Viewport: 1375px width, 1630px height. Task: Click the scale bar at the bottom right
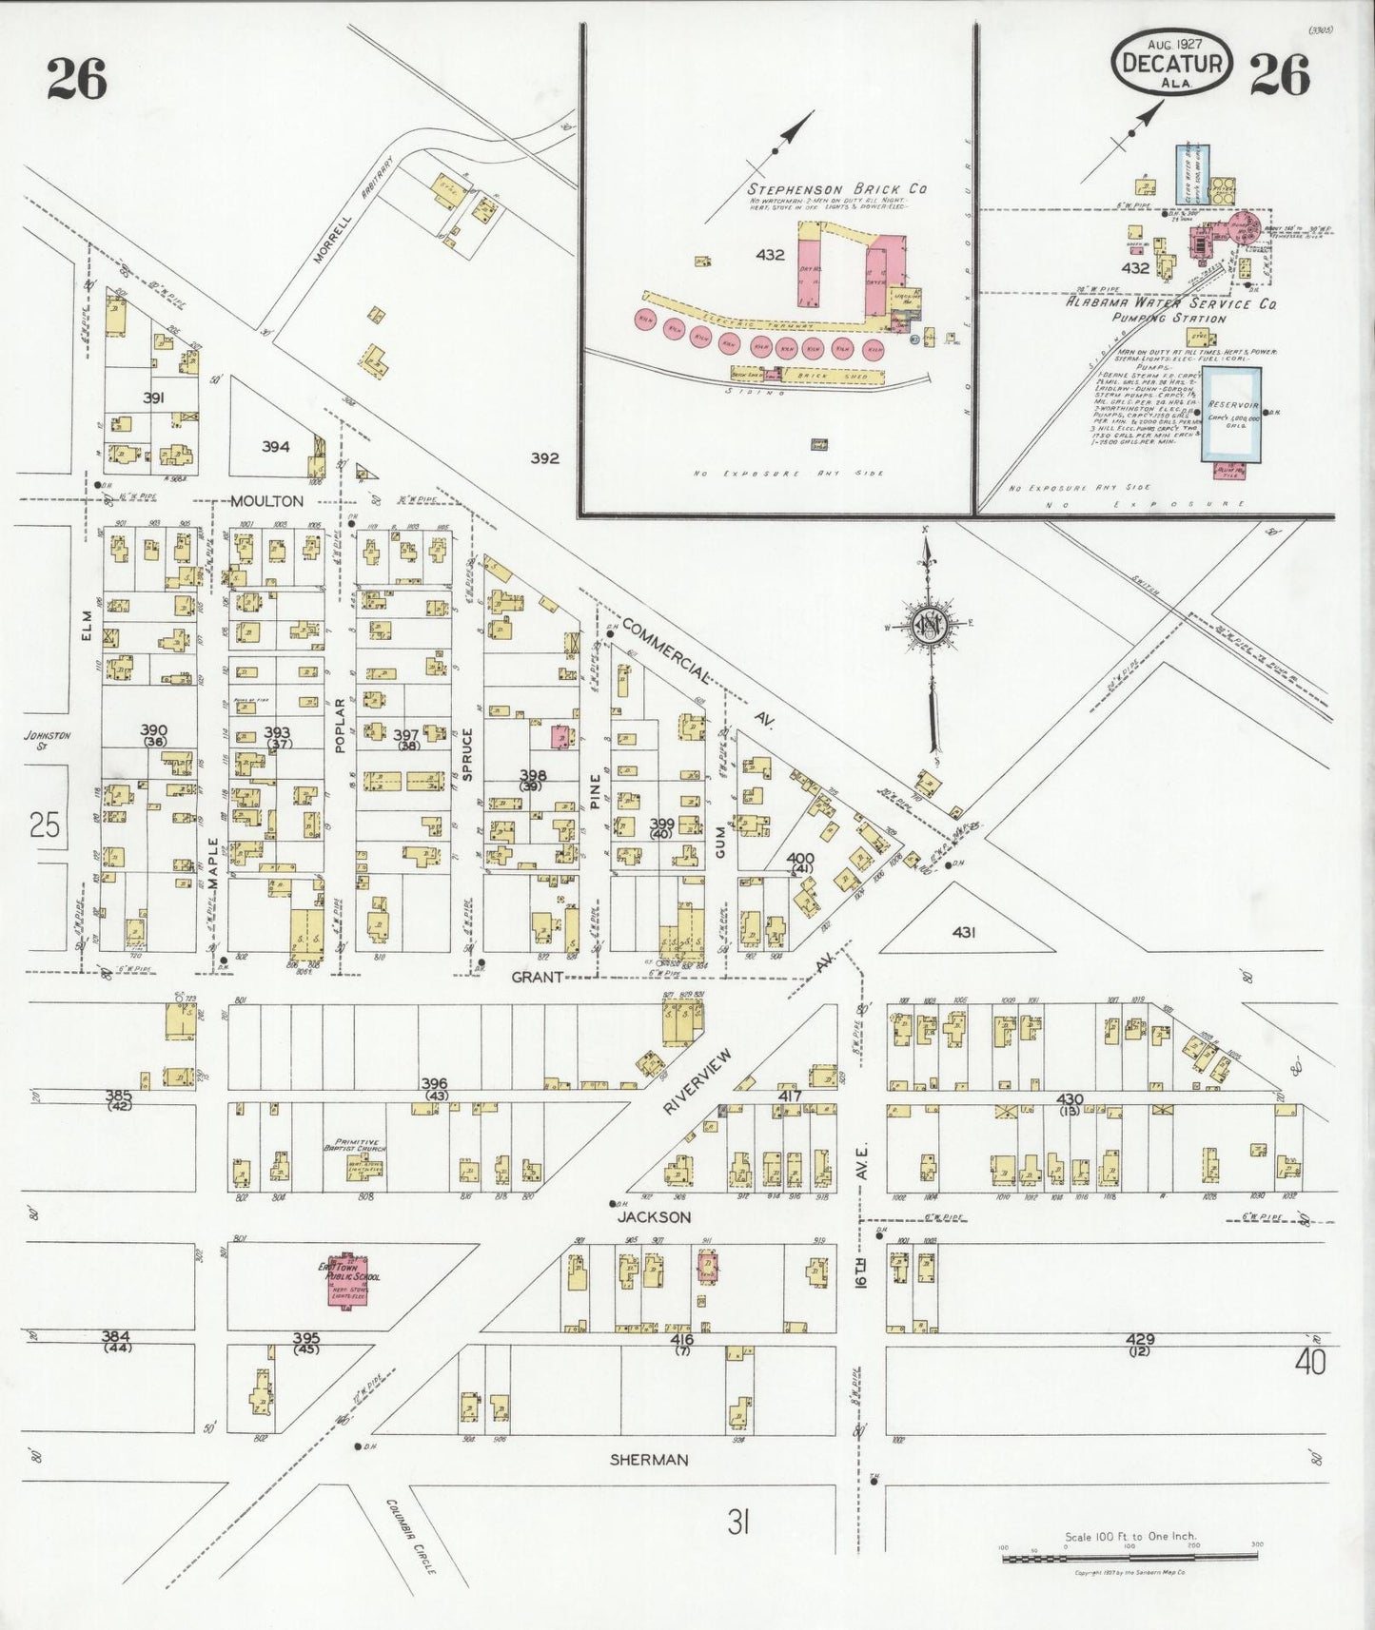click(x=1130, y=1558)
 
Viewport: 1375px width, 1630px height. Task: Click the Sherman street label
click(x=651, y=1460)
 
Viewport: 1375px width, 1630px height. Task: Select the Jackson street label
click(x=654, y=1217)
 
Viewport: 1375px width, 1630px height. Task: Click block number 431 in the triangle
click(x=963, y=933)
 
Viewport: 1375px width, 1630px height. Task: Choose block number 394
click(x=275, y=446)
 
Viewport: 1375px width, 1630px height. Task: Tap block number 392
click(x=544, y=458)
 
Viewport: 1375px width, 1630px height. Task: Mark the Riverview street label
click(x=698, y=1082)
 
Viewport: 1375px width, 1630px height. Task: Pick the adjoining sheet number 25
click(x=44, y=825)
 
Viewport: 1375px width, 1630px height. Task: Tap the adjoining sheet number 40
click(x=1310, y=1363)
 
